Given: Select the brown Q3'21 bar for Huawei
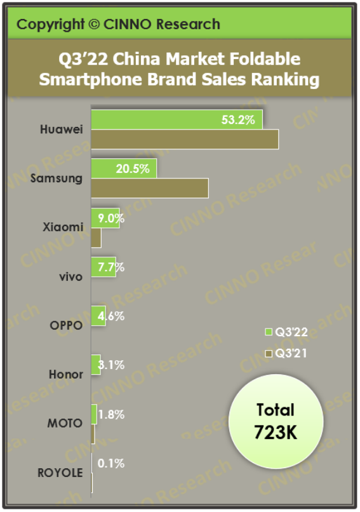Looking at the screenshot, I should pos(185,139).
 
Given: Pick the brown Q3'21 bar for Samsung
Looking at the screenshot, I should pos(150,188).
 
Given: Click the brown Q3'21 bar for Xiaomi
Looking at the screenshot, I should pos(97,238).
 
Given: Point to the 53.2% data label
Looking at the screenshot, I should pos(243,119).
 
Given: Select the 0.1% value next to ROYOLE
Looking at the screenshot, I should pos(110,464).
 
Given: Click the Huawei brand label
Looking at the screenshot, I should pos(61,130).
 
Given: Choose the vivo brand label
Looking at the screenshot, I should pos(70,276).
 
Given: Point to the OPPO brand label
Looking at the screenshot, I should pos(65,325).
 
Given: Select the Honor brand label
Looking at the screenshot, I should pos(66,374).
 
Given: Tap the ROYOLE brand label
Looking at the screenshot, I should pos(60,473).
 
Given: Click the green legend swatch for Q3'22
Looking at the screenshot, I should pos(268,332).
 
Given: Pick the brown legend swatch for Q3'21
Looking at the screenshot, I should pos(268,353).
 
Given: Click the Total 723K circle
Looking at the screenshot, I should pos(276,421).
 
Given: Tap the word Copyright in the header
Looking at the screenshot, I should pos(50,25).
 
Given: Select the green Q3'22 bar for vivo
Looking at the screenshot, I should pos(102,267).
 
